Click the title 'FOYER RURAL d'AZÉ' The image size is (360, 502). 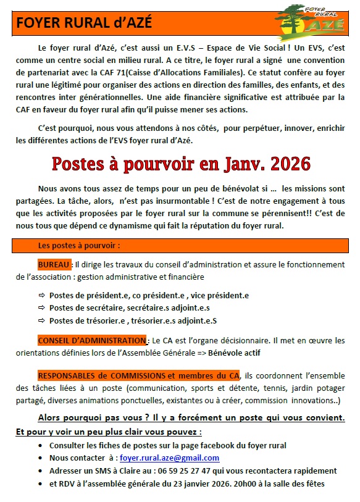pos(83,23)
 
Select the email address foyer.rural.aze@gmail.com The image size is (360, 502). pos(170,458)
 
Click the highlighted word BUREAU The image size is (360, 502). pos(54,264)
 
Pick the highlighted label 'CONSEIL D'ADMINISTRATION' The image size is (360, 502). pos(92,340)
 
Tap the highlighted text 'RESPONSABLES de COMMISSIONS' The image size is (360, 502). pos(101,375)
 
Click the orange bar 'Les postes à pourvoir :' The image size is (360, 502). pos(78,245)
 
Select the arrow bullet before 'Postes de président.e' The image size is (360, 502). pos(41,296)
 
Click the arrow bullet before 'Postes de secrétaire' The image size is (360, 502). pos(41,308)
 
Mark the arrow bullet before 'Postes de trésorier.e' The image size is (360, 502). pos(41,320)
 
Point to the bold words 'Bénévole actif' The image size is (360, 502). pos(235,353)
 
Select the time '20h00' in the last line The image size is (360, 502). pos(234,483)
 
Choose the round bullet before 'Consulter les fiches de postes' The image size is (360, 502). pos(41,445)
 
